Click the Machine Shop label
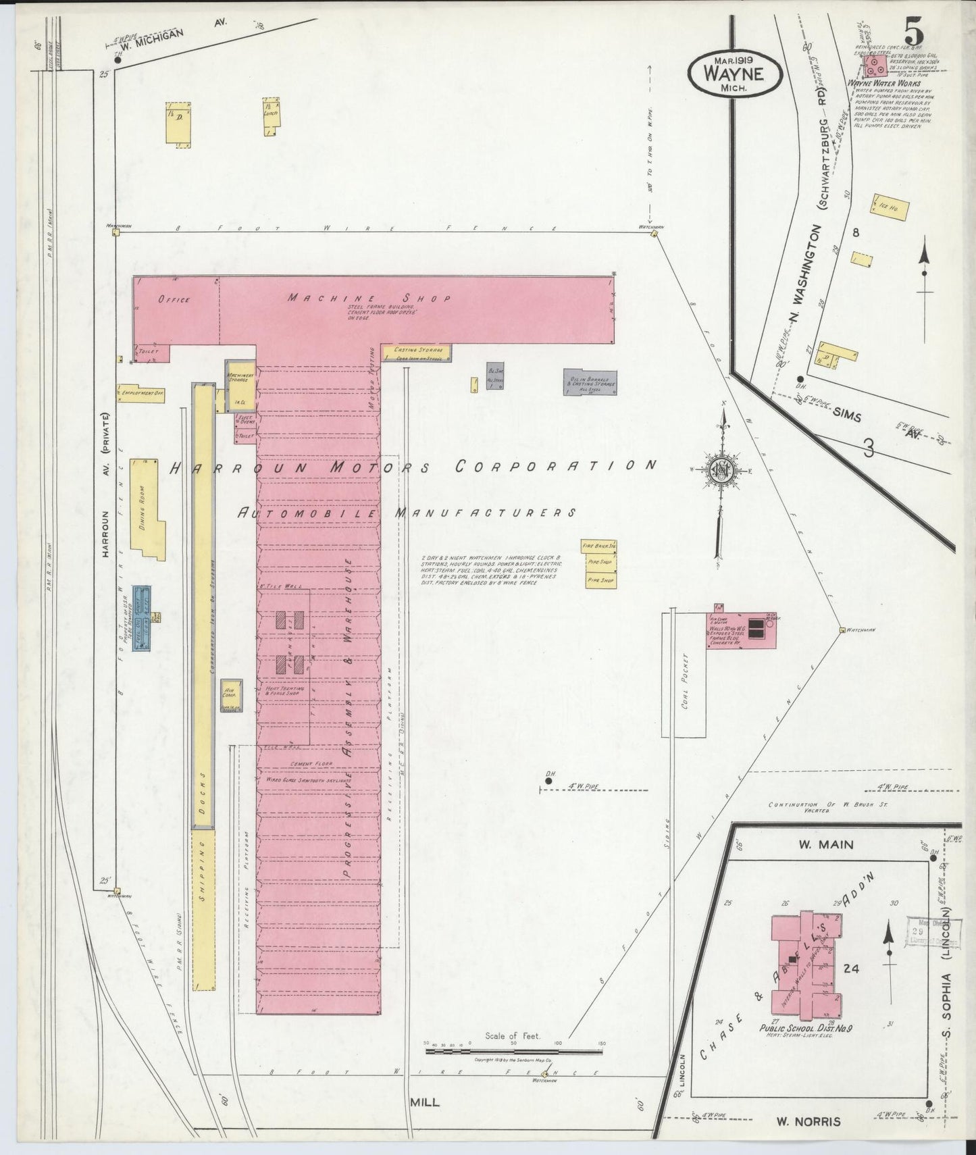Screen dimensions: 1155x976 coord(369,298)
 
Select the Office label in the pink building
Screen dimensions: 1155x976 coord(174,299)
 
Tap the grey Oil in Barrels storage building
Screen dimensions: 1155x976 coord(590,382)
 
